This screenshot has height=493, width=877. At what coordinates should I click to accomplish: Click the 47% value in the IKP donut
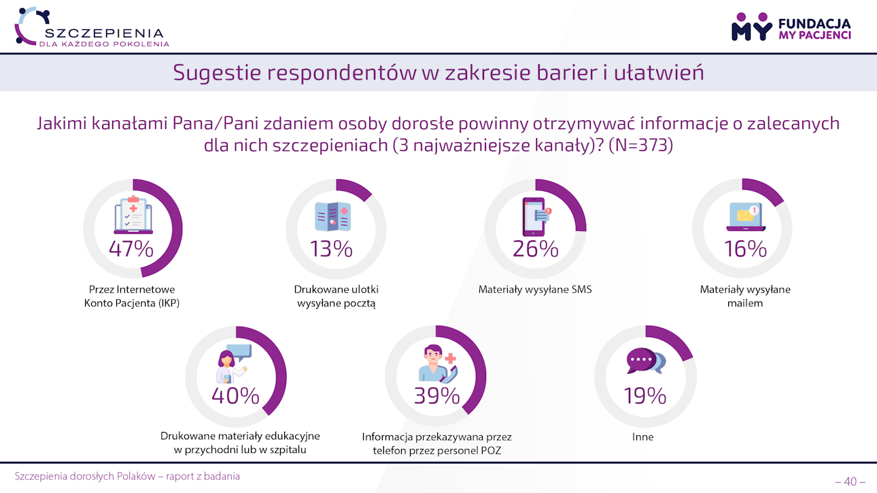pos(131,249)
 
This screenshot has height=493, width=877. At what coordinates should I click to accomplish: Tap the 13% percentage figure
pos(331,249)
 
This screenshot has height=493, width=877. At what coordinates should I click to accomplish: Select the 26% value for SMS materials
pos(535,249)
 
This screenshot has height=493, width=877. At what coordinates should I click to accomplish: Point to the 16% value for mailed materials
pos(745,249)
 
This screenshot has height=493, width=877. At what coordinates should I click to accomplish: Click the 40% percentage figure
pos(235,395)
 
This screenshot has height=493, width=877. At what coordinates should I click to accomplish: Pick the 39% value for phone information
pos(437,395)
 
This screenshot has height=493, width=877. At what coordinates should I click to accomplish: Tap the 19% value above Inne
pos(644,395)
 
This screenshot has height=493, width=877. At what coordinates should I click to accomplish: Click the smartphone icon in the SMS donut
pos(535,217)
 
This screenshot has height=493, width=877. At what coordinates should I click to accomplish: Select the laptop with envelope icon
pos(743,217)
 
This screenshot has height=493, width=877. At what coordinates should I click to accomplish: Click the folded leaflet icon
pos(332,217)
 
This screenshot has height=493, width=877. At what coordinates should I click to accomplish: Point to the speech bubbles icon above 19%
pos(645,361)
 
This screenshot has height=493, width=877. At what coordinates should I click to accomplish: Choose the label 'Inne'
pos(642,437)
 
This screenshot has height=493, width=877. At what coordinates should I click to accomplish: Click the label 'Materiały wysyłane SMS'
pos(535,289)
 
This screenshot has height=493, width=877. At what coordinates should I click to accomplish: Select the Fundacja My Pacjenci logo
pos(791,27)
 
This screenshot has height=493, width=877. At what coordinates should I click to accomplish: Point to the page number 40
pos(850,481)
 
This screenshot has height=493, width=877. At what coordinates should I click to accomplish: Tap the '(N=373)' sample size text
pos(640,145)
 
